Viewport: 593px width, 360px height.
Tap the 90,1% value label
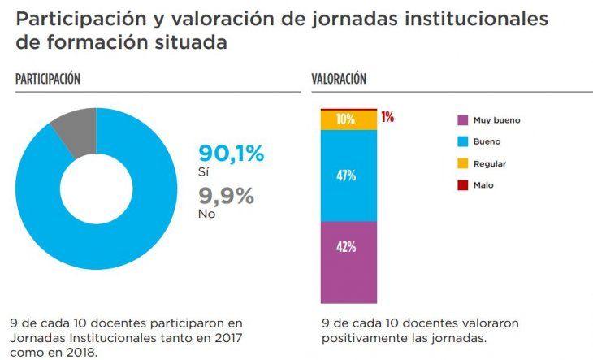[x=232, y=154]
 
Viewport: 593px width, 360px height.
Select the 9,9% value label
[x=227, y=196]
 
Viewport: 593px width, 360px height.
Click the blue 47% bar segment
[x=348, y=176]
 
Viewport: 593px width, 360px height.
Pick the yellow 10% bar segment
[x=348, y=119]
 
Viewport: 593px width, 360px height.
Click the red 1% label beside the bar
[x=387, y=117]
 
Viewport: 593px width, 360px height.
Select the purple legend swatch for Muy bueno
[x=462, y=120]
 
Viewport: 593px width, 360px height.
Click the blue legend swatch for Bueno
[x=462, y=142]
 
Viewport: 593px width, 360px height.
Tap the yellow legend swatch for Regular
[x=462, y=164]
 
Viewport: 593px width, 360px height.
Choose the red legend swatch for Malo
[x=462, y=185]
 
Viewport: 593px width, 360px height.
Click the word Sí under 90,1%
[x=204, y=172]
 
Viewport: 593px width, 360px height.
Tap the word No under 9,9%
[x=206, y=214]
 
